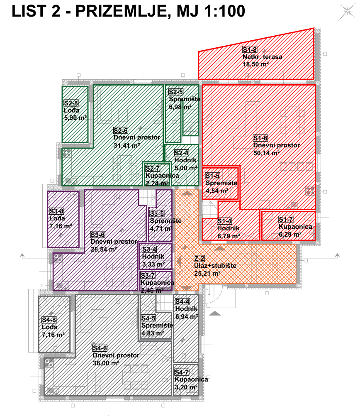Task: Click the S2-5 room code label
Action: (175, 92)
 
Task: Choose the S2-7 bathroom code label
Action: (153, 169)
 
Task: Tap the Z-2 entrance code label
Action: (199, 258)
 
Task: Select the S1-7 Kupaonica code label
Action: (286, 219)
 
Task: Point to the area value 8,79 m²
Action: (229, 236)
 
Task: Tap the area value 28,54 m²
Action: (103, 249)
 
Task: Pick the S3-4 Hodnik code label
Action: (149, 250)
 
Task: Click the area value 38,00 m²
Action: (106, 362)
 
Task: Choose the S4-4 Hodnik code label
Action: (182, 302)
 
